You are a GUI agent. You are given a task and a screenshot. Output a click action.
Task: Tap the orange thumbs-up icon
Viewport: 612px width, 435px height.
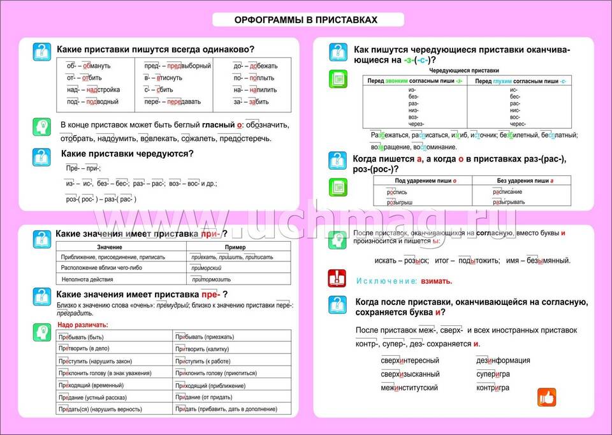546,397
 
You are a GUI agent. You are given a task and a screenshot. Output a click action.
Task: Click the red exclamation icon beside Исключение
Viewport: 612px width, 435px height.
337,279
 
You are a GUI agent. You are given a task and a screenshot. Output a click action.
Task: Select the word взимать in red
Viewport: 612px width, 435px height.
437,281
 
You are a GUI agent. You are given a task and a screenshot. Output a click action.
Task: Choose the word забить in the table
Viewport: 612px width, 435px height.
255,102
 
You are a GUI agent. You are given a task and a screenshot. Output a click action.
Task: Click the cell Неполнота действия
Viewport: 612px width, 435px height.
87,279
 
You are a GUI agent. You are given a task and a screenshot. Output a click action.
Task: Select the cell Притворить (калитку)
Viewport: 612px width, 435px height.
208,349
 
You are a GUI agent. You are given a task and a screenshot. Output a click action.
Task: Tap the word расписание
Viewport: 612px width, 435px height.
507,191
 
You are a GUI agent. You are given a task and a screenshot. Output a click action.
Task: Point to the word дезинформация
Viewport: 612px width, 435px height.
503,360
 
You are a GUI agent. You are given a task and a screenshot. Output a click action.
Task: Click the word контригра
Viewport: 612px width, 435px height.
492,388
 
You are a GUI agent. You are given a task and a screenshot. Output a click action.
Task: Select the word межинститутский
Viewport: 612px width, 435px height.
409,388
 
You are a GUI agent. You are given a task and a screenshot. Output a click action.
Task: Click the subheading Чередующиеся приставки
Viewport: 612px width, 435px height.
463,70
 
